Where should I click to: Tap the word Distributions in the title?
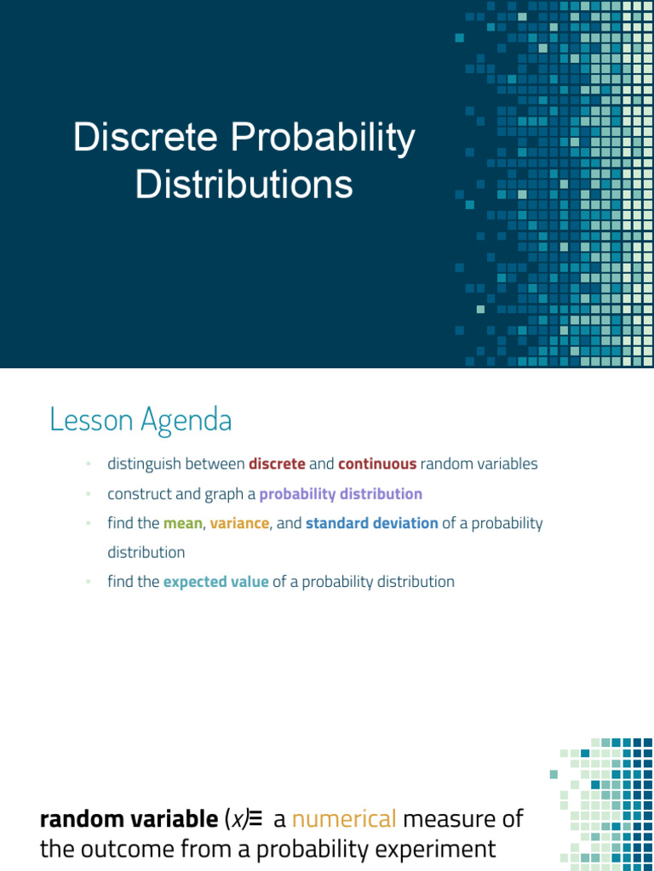(244, 184)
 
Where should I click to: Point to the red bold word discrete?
(277, 464)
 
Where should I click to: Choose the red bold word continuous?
(377, 464)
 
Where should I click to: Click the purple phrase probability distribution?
(341, 494)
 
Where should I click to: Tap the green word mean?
(182, 523)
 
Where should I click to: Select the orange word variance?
(239, 523)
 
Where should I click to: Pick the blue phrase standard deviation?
(372, 523)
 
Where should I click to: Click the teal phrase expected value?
(215, 582)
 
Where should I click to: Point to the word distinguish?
(141, 464)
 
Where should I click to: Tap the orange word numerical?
(344, 820)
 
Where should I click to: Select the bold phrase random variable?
(129, 820)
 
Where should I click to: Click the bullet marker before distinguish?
(87, 464)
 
